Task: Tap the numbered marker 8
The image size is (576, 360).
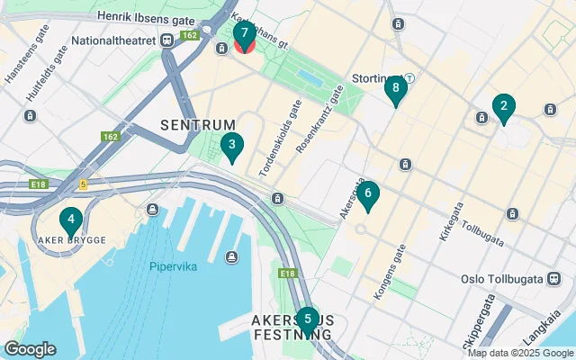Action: point(395,89)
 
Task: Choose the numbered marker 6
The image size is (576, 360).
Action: point(367,194)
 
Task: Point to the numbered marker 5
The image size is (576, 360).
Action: point(307,319)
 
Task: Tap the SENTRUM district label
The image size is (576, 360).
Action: point(198,124)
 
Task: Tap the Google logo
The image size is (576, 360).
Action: point(30,349)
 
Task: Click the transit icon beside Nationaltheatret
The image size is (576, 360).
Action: point(167,40)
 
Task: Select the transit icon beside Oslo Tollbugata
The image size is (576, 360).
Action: point(551,279)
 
